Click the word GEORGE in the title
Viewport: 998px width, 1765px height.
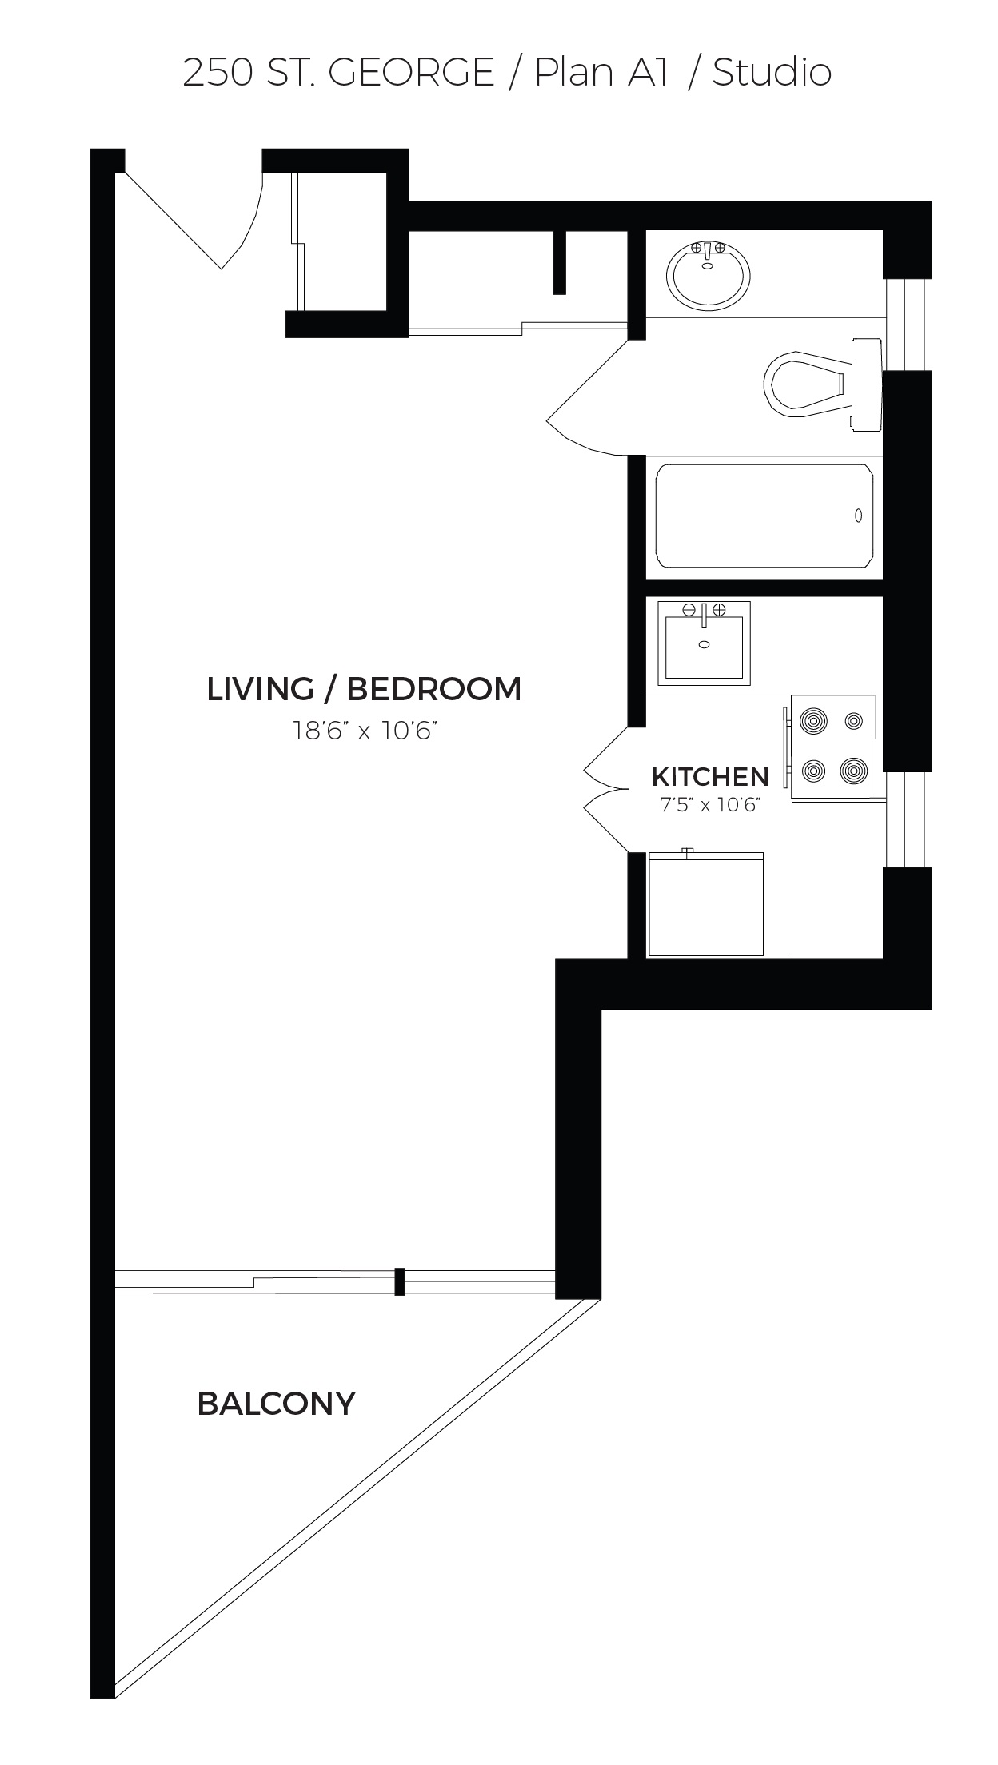click(412, 73)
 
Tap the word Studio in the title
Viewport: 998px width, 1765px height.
click(772, 73)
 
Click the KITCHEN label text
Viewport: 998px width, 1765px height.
click(710, 776)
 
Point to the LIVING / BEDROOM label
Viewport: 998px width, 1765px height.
click(364, 689)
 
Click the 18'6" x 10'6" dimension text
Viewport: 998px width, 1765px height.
click(365, 731)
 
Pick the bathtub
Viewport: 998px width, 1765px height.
click(764, 516)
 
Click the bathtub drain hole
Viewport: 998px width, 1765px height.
click(858, 516)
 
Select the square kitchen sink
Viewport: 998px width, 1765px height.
click(705, 643)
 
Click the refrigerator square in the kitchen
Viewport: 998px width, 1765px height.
click(706, 904)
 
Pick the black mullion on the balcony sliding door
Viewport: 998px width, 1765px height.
click(400, 1281)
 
